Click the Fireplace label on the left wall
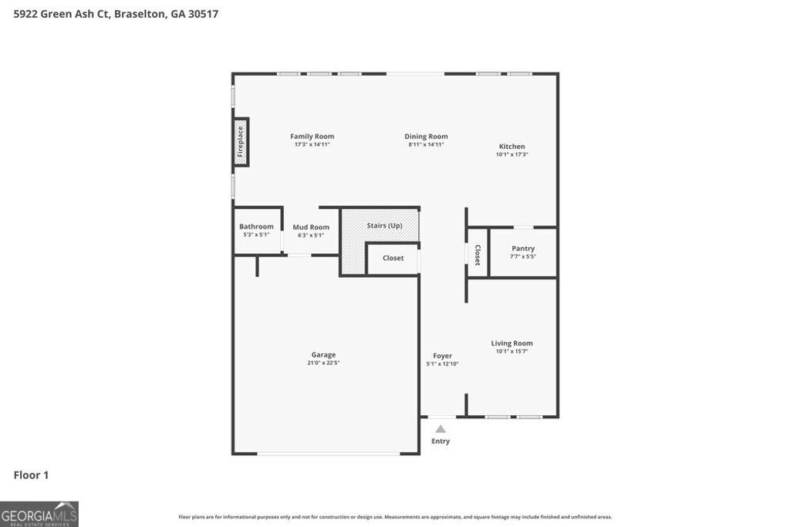(x=241, y=141)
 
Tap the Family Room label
(x=312, y=137)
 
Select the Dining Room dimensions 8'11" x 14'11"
(x=426, y=145)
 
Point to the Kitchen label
(x=511, y=147)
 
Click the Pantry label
(x=523, y=248)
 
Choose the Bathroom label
(x=256, y=226)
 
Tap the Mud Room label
(x=311, y=227)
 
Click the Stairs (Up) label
(x=384, y=225)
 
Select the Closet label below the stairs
(x=393, y=258)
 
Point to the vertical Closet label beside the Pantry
(x=478, y=255)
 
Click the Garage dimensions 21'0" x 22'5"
(x=323, y=363)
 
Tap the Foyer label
(x=442, y=356)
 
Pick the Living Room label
(x=511, y=343)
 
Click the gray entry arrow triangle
(x=440, y=428)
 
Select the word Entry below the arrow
(x=440, y=441)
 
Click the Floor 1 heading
(x=31, y=475)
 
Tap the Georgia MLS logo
(x=39, y=514)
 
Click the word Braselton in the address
(x=138, y=14)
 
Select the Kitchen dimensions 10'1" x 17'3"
(x=511, y=154)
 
